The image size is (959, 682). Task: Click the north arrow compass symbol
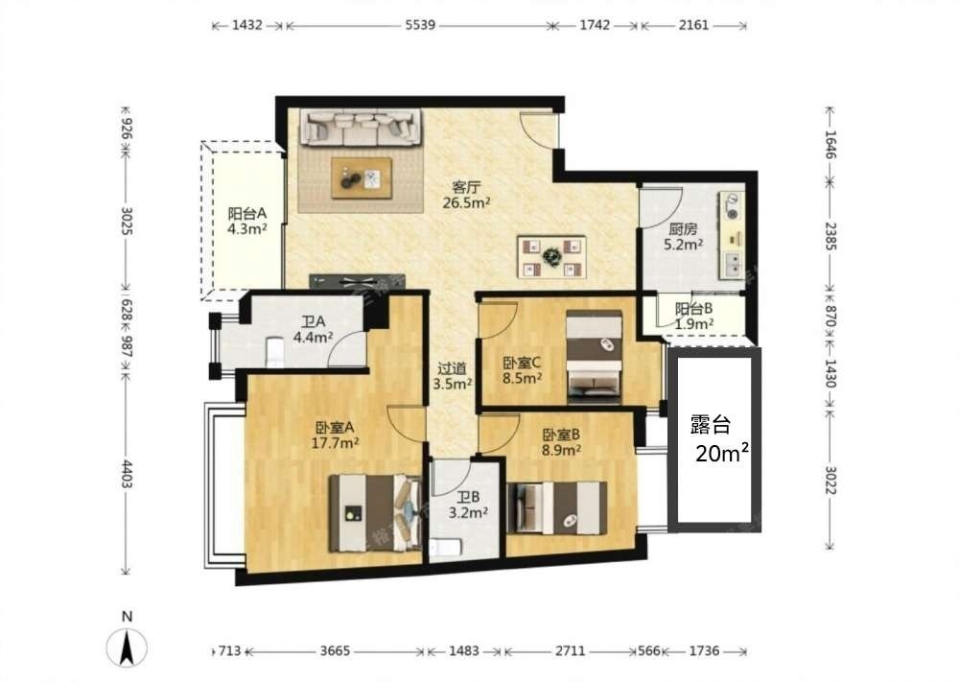point(127,647)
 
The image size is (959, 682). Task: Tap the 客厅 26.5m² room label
point(466,195)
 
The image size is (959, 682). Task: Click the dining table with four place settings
point(552,257)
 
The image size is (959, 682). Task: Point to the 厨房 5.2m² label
point(683,237)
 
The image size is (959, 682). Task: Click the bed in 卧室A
point(375,513)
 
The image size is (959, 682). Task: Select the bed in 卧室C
point(595,357)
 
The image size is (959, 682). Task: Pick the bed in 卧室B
point(557,507)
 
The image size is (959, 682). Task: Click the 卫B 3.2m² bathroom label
point(468,506)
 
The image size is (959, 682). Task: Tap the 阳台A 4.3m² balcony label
point(247,221)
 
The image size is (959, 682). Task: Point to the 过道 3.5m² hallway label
point(452,376)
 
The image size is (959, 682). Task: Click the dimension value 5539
point(420,25)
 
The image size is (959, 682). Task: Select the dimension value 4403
point(126,474)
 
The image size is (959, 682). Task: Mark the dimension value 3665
point(335,650)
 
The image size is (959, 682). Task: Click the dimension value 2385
point(830,236)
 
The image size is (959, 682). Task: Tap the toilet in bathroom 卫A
point(274,352)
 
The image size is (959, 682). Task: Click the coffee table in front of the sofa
point(362,178)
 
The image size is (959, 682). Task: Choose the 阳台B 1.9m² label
point(693,317)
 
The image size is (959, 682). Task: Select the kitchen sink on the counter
point(732,264)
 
